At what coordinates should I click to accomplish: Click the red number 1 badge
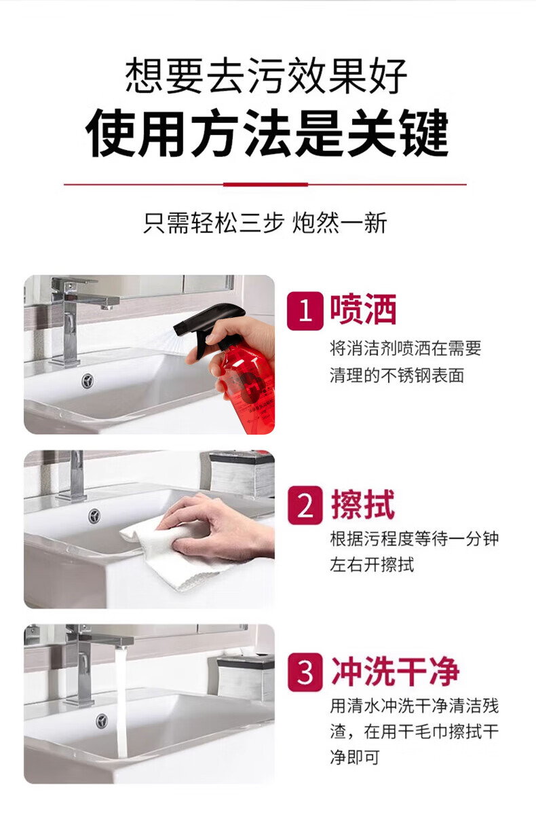pos(305,311)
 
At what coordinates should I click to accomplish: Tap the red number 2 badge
pos(305,505)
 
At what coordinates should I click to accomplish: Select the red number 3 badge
pos(305,672)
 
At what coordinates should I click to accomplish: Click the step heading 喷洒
pos(363,309)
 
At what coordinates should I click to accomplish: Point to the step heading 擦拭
pos(363,504)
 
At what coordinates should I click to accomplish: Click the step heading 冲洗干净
pos(396,672)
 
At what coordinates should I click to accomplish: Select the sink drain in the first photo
pos(88,380)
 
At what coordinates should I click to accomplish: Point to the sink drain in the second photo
pos(94,515)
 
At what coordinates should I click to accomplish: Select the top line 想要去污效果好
pos(267,75)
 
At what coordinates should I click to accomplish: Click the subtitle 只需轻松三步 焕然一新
pos(266,223)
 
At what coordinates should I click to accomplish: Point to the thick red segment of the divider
pos(266,185)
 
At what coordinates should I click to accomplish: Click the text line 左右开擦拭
pos(372,565)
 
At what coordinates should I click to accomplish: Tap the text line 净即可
pos(355,757)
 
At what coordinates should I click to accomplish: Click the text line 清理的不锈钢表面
pos(397,375)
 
